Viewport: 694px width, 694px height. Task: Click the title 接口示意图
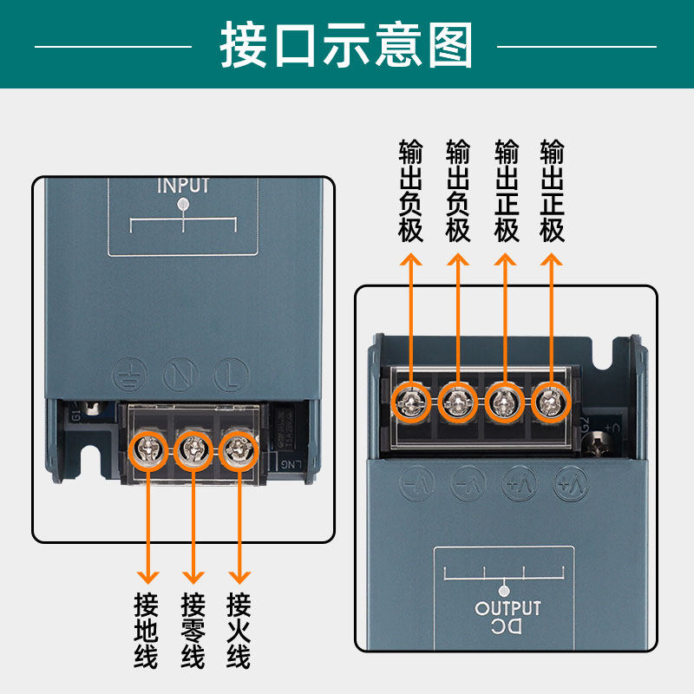point(347,45)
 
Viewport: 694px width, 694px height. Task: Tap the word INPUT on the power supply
point(183,186)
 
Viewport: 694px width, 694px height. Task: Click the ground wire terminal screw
point(147,448)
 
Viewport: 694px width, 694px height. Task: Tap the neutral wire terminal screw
point(193,448)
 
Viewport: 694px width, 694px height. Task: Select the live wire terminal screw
point(238,448)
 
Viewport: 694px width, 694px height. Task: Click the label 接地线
point(147,630)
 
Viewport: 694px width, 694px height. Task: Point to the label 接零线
point(193,630)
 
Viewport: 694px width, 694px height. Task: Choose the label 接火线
point(238,630)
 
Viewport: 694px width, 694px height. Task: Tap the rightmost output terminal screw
point(548,402)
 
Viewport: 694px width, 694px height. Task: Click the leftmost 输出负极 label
point(410,191)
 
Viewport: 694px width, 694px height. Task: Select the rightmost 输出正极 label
point(552,191)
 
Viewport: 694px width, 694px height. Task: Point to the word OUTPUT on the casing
point(507,608)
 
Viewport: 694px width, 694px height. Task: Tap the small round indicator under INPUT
point(183,205)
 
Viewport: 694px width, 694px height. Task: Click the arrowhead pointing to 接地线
point(147,576)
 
